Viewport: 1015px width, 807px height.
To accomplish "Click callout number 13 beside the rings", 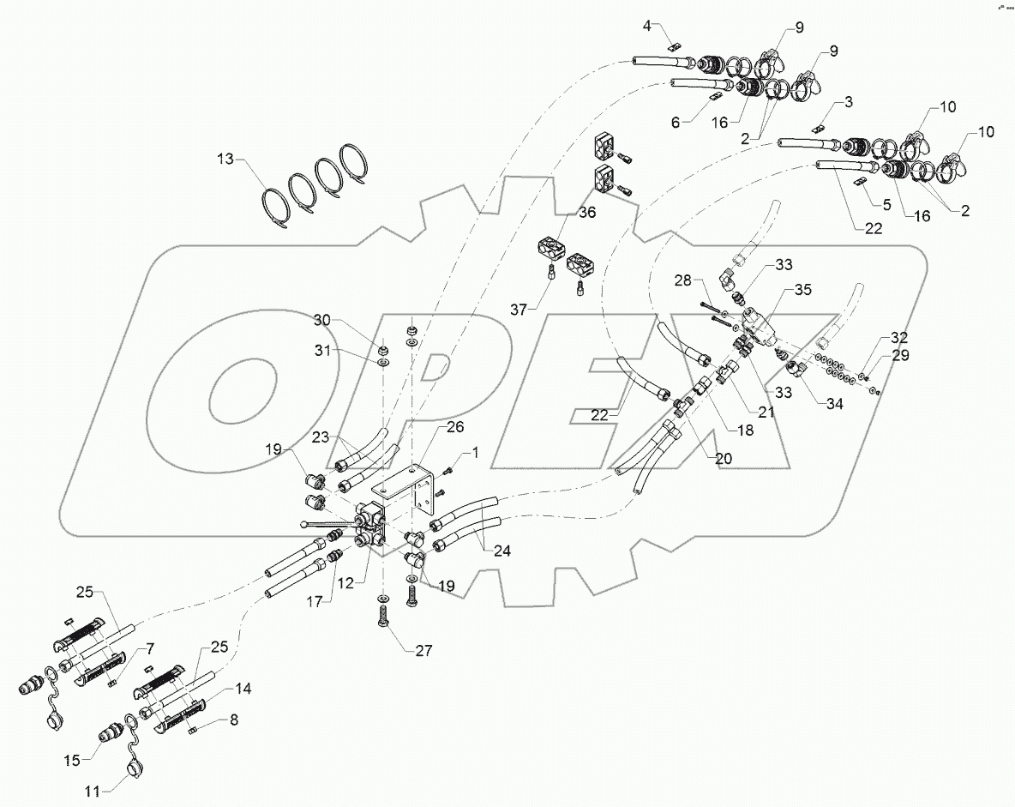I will pyautogui.click(x=225, y=160).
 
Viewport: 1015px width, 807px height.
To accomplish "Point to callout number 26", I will pyautogui.click(x=453, y=426).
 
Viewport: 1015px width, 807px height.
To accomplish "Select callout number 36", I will pyautogui.click(x=586, y=213).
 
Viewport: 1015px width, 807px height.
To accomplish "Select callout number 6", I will pyautogui.click(x=676, y=123).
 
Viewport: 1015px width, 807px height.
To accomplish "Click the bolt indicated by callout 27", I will pyautogui.click(x=382, y=614).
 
